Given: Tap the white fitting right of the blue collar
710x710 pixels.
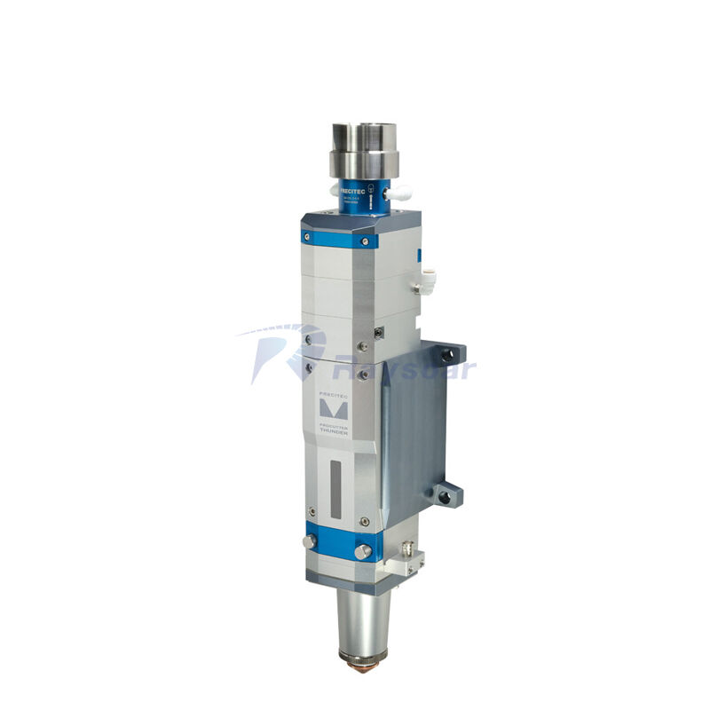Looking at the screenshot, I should pyautogui.click(x=401, y=189).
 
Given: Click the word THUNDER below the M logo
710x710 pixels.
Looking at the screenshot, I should pyautogui.click(x=335, y=433).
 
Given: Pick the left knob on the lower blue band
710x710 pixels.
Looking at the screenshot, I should pyautogui.click(x=310, y=540).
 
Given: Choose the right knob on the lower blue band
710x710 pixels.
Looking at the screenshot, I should pyautogui.click(x=362, y=552).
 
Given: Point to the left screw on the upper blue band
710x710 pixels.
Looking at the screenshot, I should pyautogui.click(x=306, y=236).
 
